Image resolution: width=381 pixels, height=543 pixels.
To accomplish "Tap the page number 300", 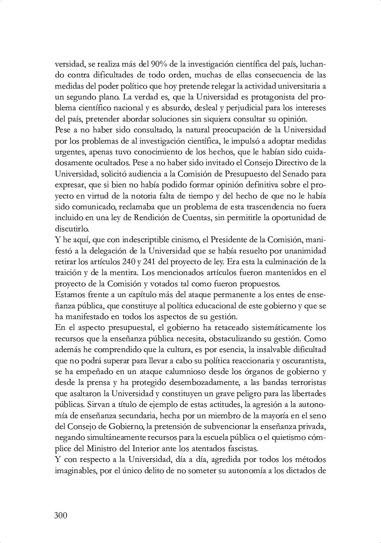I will (61, 516).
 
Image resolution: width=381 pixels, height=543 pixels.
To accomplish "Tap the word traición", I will (68, 273).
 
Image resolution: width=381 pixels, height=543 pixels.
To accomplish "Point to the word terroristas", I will (305, 382).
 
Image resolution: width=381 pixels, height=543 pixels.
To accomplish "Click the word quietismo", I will (286, 437).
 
